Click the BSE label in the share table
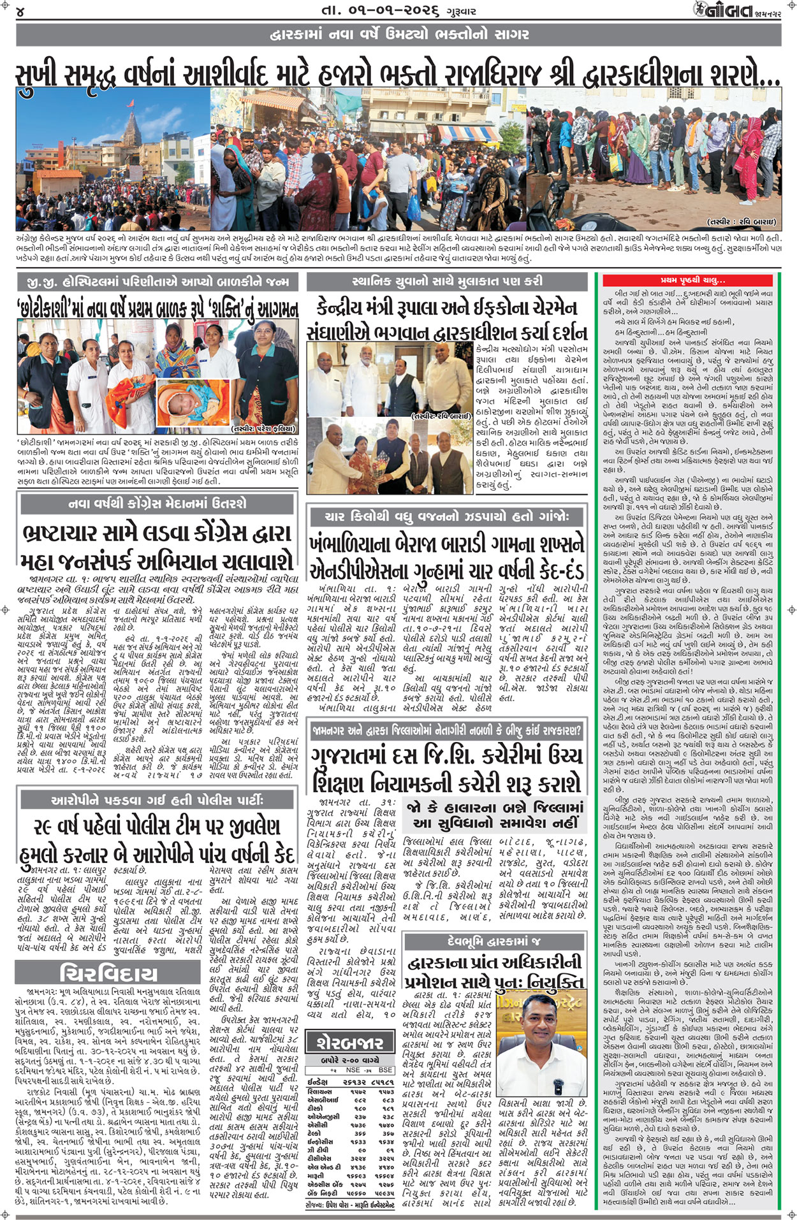(385, 1070)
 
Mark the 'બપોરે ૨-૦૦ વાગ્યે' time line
(351, 1059)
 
